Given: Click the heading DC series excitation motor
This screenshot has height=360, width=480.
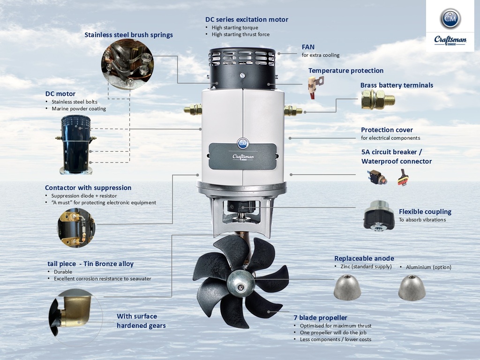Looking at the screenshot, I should [x=247, y=20].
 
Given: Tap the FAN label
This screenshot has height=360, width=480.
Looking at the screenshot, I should [x=308, y=47].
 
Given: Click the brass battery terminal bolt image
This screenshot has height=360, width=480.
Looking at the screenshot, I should [x=377, y=99].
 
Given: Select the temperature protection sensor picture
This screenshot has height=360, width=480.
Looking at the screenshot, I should [x=315, y=86].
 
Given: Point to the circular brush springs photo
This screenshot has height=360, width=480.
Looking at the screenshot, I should [x=127, y=65].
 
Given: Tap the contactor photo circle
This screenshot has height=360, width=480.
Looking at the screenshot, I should [x=76, y=228].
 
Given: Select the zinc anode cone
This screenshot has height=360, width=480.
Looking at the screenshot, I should [x=347, y=286].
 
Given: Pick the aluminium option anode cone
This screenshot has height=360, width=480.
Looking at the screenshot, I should [x=412, y=287].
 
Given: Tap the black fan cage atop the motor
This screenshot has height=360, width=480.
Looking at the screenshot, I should [x=242, y=69].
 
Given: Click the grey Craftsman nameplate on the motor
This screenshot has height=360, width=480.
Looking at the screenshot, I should [x=242, y=156].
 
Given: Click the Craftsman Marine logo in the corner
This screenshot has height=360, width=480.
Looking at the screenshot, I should [x=450, y=26].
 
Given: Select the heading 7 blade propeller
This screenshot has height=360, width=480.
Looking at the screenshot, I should [x=320, y=318].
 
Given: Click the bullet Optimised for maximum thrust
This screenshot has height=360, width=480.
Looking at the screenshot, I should [x=336, y=326].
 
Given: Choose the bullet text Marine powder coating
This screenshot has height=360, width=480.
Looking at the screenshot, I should [x=79, y=109].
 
